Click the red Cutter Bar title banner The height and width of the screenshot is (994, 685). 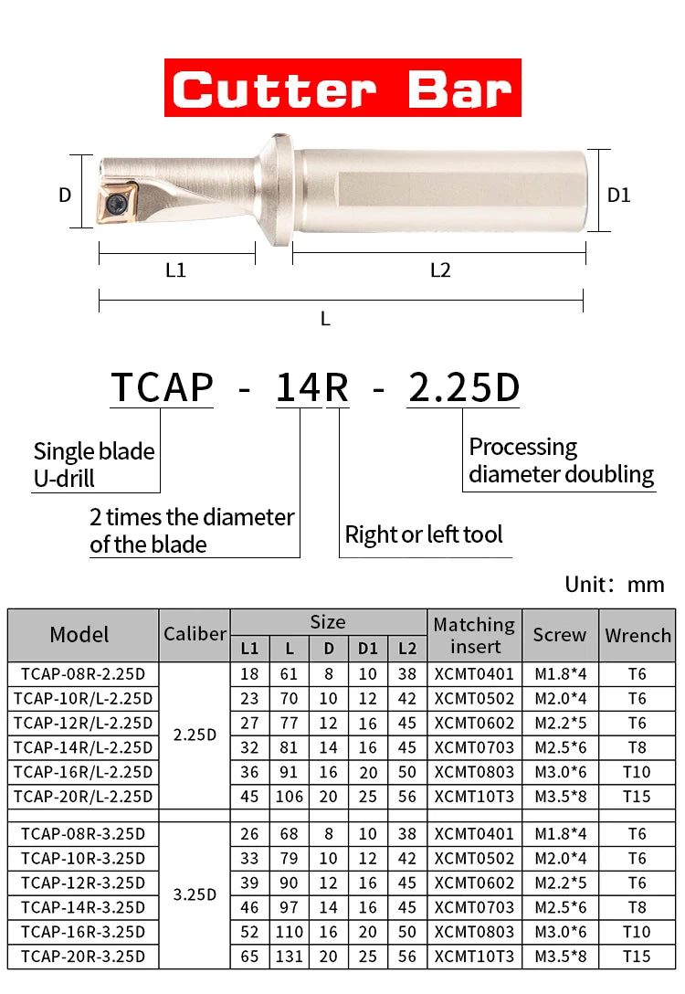[x=342, y=88]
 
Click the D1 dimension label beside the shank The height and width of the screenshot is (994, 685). [x=619, y=195]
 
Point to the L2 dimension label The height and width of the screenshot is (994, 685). [x=440, y=270]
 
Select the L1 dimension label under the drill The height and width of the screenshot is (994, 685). [x=175, y=270]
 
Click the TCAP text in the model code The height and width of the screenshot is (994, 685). [x=162, y=387]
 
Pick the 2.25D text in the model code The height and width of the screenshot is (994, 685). [x=463, y=387]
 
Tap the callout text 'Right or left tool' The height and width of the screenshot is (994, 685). [x=424, y=534]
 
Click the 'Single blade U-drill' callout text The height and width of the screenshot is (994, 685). [x=94, y=464]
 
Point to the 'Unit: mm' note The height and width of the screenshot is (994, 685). [x=615, y=585]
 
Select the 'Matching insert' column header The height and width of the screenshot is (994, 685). [x=474, y=635]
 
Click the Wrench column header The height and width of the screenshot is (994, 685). [x=638, y=635]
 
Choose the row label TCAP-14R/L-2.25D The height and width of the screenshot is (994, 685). [x=83, y=747]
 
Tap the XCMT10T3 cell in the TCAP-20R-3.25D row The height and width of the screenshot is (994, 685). [x=474, y=957]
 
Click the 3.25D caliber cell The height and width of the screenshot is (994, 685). [x=195, y=894]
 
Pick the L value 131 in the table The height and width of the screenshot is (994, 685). [x=289, y=957]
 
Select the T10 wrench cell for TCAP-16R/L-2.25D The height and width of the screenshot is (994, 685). [x=637, y=772]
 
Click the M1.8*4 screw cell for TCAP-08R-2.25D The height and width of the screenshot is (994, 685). [x=560, y=674]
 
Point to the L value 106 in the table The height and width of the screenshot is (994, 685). [x=289, y=797]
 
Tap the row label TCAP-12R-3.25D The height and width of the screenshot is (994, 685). [x=83, y=883]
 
